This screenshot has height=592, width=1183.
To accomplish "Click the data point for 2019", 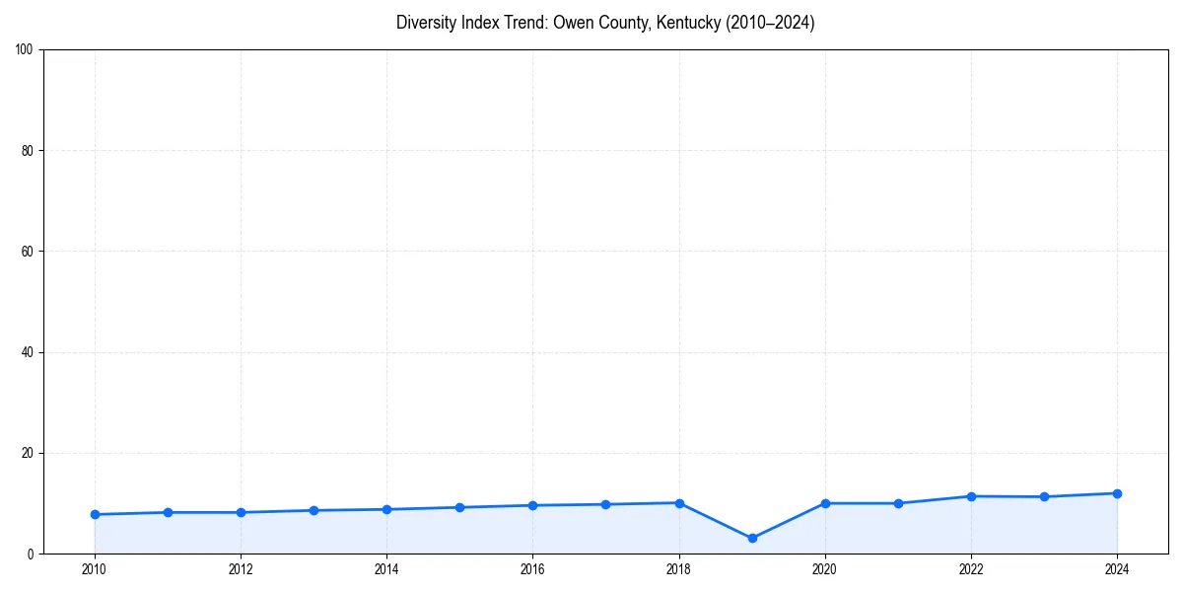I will coord(752,538).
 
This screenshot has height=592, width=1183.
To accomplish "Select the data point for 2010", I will coord(95,514).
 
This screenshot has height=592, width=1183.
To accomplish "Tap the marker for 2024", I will coord(1117,493).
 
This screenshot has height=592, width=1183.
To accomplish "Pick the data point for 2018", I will coord(679,503).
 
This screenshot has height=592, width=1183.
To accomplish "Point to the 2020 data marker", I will coord(825,503).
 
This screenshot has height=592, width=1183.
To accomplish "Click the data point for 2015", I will coord(459,507).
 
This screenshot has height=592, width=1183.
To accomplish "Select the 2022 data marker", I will coord(971,496).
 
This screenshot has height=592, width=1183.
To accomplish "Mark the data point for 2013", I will coord(313,510).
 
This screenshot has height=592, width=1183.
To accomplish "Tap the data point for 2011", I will coord(168,512).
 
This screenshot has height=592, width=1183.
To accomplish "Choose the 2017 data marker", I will coord(605,504).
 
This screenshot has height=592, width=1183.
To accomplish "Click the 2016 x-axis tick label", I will coord(532,569).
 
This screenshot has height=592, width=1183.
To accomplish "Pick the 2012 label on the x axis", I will coord(241,569).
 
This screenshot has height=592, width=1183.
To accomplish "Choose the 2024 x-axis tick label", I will coord(1117,569).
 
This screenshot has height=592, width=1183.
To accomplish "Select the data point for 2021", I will coord(898,503).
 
